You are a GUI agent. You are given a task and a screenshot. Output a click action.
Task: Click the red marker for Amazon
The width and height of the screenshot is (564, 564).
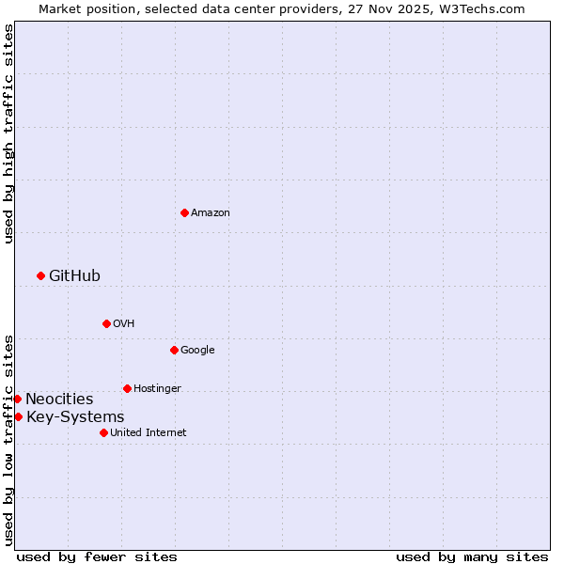pyautogui.click(x=184, y=212)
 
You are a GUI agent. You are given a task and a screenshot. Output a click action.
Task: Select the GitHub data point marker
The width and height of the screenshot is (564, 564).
pyautogui.click(x=40, y=275)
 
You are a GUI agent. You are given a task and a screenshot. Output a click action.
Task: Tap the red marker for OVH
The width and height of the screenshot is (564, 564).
pyautogui.click(x=106, y=323)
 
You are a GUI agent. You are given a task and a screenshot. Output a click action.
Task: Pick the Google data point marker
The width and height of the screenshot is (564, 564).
pyautogui.click(x=174, y=350)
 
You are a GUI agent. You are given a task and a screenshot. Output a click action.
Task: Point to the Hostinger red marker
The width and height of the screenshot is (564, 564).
pyautogui.click(x=127, y=388)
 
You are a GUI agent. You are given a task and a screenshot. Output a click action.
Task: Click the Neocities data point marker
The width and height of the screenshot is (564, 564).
pyautogui.click(x=17, y=399)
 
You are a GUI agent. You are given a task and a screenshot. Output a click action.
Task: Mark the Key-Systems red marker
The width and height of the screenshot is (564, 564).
pyautogui.click(x=18, y=416)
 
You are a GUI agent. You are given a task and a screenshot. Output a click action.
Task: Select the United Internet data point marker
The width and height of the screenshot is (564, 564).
pyautogui.click(x=103, y=432)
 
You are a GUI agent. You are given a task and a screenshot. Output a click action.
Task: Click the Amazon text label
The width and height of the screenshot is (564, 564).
pyautogui.click(x=211, y=213)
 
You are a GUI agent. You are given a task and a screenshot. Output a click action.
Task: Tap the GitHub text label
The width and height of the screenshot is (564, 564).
pyautogui.click(x=74, y=275)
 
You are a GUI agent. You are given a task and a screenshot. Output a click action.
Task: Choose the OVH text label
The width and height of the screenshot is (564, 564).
pyautogui.click(x=124, y=324)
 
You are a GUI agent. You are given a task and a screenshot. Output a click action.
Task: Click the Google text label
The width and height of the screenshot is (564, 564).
pyautogui.click(x=197, y=351)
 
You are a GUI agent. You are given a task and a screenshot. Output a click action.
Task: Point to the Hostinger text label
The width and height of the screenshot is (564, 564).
pyautogui.click(x=157, y=388)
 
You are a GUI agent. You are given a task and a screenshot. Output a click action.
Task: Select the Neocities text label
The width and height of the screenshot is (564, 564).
pyautogui.click(x=59, y=399)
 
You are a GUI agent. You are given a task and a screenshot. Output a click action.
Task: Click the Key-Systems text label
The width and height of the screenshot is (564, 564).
pyautogui.click(x=75, y=416)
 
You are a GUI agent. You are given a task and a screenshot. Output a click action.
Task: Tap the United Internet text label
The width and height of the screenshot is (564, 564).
pyautogui.click(x=148, y=432)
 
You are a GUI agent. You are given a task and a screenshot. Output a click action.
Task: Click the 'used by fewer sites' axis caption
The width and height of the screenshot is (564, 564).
pyautogui.click(x=97, y=556)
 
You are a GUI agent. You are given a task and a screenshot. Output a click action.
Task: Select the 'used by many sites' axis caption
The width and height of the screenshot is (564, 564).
pyautogui.click(x=472, y=556)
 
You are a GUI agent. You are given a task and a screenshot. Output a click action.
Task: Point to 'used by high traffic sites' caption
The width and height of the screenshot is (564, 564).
pyautogui.click(x=8, y=133)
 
